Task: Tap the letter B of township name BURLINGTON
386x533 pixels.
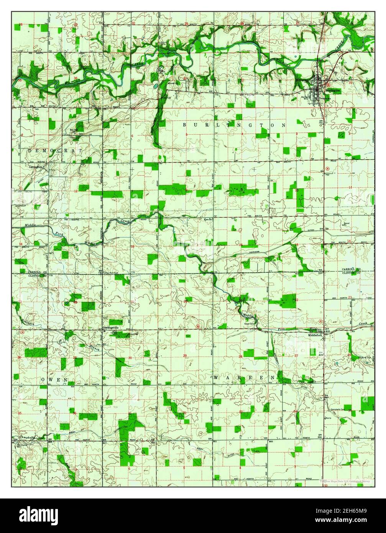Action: click(184, 125)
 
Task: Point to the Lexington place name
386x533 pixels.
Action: click(36, 167)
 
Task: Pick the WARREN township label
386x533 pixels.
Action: click(244, 378)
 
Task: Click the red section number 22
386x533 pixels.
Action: click(296, 299)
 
